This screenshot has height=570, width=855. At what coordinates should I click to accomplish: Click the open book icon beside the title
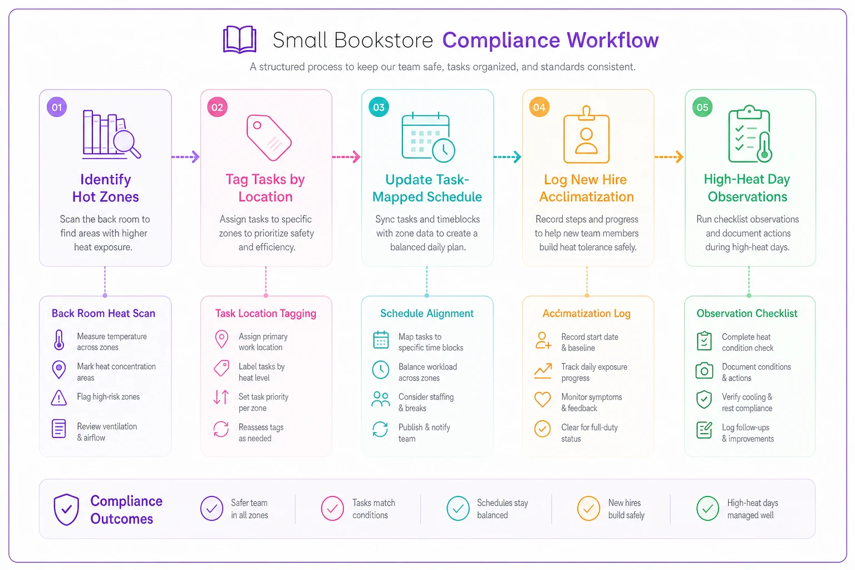point(239,40)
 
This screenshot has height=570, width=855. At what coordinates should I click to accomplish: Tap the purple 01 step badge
point(57,107)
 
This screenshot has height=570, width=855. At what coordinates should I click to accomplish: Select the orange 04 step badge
point(539,107)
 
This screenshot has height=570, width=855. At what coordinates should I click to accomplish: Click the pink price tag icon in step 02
point(269,137)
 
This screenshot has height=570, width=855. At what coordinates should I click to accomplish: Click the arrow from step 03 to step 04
point(507,157)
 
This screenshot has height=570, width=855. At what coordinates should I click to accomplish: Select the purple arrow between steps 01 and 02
point(185,157)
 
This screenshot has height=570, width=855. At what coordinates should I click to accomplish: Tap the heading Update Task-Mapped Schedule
point(427,188)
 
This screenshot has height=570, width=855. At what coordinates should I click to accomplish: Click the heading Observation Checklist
point(747,313)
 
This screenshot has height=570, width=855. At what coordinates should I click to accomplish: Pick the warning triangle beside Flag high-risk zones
point(59,398)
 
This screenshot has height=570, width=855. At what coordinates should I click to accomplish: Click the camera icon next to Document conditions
point(704,370)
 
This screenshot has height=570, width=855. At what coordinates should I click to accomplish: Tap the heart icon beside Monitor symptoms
point(542,399)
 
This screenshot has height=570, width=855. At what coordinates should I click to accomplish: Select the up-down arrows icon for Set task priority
point(221,397)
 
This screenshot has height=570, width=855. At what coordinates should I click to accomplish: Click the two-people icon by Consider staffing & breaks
point(381,399)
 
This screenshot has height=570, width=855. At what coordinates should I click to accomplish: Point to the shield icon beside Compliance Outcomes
point(66,509)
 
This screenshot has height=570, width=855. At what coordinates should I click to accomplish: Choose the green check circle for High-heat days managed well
point(707,509)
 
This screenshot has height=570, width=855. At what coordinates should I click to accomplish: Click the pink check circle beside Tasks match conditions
point(332,509)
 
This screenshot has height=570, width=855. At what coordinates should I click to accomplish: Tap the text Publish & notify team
point(424,433)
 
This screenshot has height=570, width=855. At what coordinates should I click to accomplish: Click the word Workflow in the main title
point(613,40)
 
